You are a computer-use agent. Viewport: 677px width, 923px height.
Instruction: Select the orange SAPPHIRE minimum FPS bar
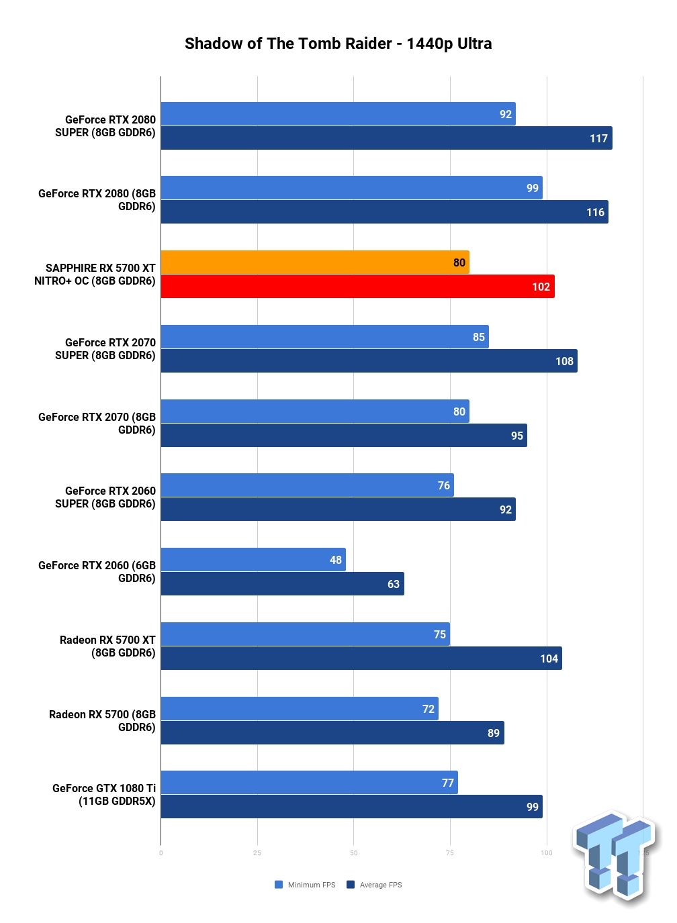click(x=315, y=262)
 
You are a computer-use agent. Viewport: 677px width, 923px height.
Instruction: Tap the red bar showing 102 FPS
click(x=358, y=287)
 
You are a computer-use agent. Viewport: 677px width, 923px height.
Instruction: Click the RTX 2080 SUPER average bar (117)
click(x=387, y=138)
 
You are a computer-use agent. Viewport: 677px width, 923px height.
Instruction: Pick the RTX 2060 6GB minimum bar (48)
click(x=253, y=560)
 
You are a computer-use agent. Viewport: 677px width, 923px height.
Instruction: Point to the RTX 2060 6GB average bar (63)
click(x=283, y=584)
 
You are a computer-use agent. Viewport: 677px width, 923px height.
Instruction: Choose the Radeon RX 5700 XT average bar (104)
click(x=361, y=659)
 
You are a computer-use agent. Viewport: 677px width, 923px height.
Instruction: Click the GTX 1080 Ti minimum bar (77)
click(x=309, y=783)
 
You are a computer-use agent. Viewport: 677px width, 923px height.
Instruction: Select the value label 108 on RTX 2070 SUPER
click(x=564, y=361)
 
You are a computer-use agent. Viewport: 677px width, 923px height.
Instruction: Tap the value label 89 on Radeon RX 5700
click(x=493, y=733)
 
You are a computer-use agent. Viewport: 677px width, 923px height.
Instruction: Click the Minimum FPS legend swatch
click(x=279, y=885)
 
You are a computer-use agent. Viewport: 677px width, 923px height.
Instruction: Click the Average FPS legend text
click(x=381, y=885)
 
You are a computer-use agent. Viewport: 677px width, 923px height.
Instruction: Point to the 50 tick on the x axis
click(x=354, y=853)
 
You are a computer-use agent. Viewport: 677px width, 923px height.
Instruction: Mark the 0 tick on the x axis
click(x=161, y=853)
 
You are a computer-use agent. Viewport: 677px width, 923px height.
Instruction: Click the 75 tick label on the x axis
click(x=450, y=853)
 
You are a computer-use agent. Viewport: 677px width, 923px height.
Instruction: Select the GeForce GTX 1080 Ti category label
click(x=104, y=794)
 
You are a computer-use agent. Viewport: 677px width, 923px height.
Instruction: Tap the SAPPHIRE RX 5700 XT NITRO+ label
click(x=95, y=275)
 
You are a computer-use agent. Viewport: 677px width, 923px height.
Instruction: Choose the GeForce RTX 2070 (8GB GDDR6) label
click(x=97, y=423)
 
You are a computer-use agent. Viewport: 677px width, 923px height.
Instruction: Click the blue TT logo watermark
click(x=616, y=857)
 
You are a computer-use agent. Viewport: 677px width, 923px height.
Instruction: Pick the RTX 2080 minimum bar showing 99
click(x=352, y=187)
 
